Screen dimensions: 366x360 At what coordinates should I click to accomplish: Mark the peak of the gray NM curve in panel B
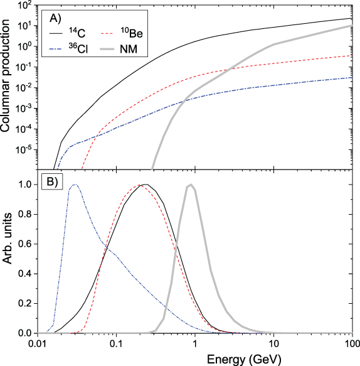[190, 185]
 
